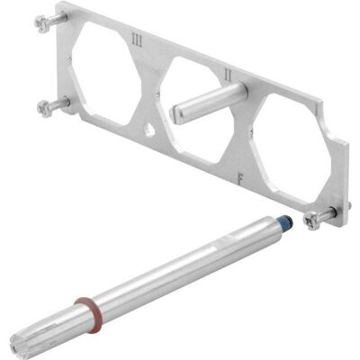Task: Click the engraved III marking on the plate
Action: pos(137,40)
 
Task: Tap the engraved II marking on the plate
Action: pos(229,75)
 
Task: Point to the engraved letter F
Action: pos(240,178)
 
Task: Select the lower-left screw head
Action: pos(44,108)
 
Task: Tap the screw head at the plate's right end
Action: pos(310,221)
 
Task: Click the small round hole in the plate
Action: pos(149,130)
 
